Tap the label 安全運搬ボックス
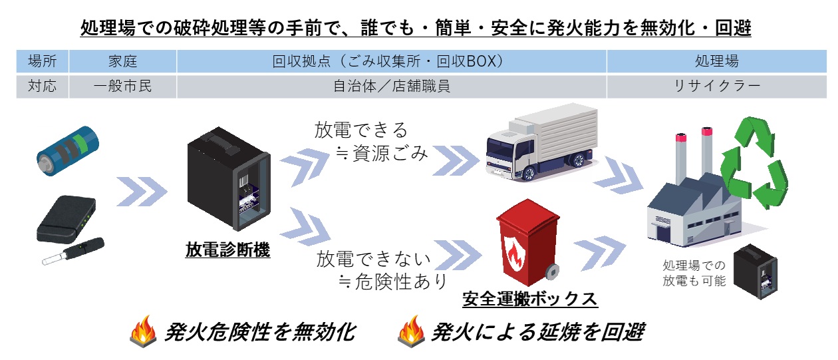pos(529,299)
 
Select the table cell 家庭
pos(122,62)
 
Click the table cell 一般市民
pos(122,87)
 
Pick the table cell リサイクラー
pos(716,87)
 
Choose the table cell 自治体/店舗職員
pos(391,87)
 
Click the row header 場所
pos(43,62)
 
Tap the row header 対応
pos(43,87)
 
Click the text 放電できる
pos(360,129)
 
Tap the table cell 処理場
pos(716,62)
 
